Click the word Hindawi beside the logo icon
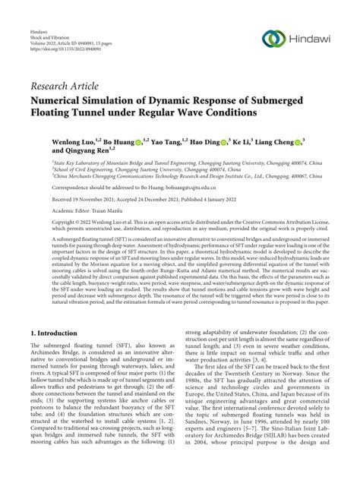click(314, 39)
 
